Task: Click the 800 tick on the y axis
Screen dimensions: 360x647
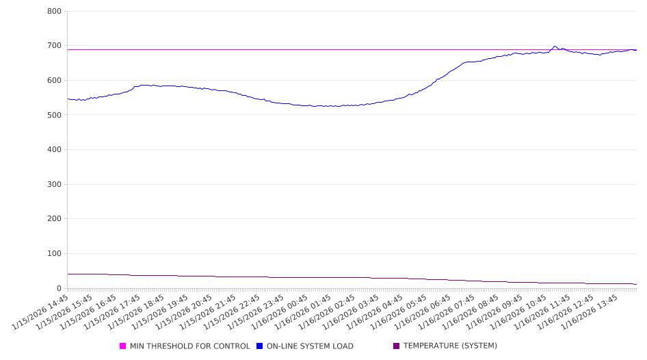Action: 55,12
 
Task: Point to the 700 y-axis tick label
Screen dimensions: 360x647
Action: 55,46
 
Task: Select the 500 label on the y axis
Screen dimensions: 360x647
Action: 55,115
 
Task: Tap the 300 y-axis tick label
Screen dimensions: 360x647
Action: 55,185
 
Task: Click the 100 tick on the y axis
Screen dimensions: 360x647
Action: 55,254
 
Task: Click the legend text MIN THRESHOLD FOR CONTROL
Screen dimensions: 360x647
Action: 189,346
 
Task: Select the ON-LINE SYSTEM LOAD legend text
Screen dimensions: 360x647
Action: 310,346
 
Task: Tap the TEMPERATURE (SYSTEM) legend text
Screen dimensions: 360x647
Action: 450,346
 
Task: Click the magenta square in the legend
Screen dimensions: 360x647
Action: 123,346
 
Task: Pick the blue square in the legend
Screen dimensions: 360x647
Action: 260,346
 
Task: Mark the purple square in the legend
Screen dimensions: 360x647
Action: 397,346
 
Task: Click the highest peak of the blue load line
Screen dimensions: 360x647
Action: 555,47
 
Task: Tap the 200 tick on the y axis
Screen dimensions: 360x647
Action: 55,219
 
